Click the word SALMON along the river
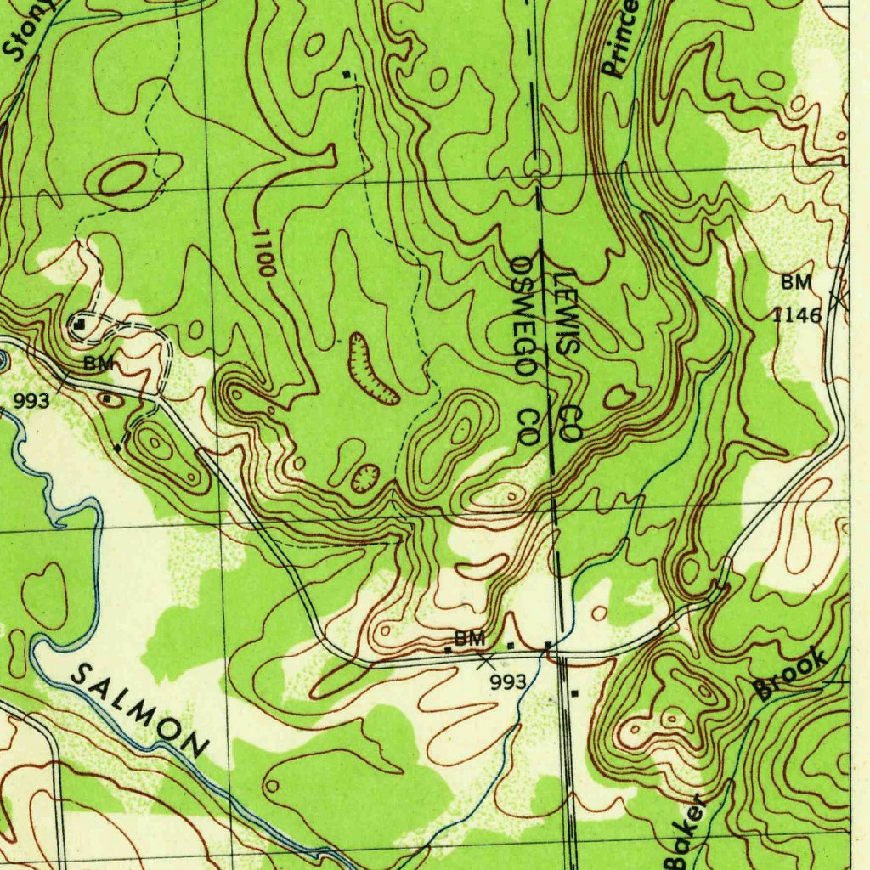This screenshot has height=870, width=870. click(x=141, y=710)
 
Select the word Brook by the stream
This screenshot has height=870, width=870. click(x=791, y=674)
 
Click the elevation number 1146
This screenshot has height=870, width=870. click(x=797, y=316)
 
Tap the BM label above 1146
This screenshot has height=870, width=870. click(x=797, y=283)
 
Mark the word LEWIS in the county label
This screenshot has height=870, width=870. click(x=568, y=314)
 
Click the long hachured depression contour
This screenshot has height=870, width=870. click(x=371, y=369)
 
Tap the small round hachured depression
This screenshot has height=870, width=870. click(x=365, y=477)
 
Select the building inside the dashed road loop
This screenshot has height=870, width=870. click(x=80, y=324)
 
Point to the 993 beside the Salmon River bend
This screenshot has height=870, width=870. click(x=31, y=401)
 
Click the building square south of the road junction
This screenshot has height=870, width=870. click(x=575, y=694)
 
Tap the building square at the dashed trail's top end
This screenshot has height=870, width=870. click(x=346, y=75)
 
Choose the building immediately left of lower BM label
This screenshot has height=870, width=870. click(x=448, y=650)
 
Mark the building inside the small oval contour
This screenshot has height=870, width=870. click(x=109, y=397)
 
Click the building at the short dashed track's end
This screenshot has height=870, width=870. click(x=117, y=447)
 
